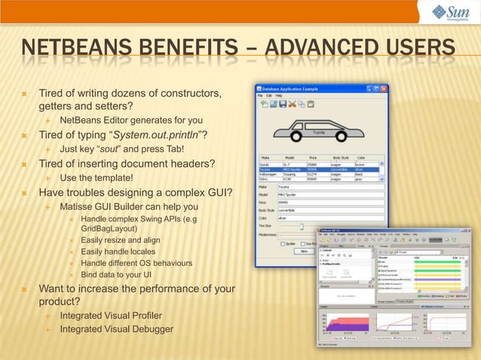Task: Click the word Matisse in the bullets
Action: [77, 206]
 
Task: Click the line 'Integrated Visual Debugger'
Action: [116, 329]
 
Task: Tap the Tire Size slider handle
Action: [301, 225]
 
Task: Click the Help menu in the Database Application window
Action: [279, 96]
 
